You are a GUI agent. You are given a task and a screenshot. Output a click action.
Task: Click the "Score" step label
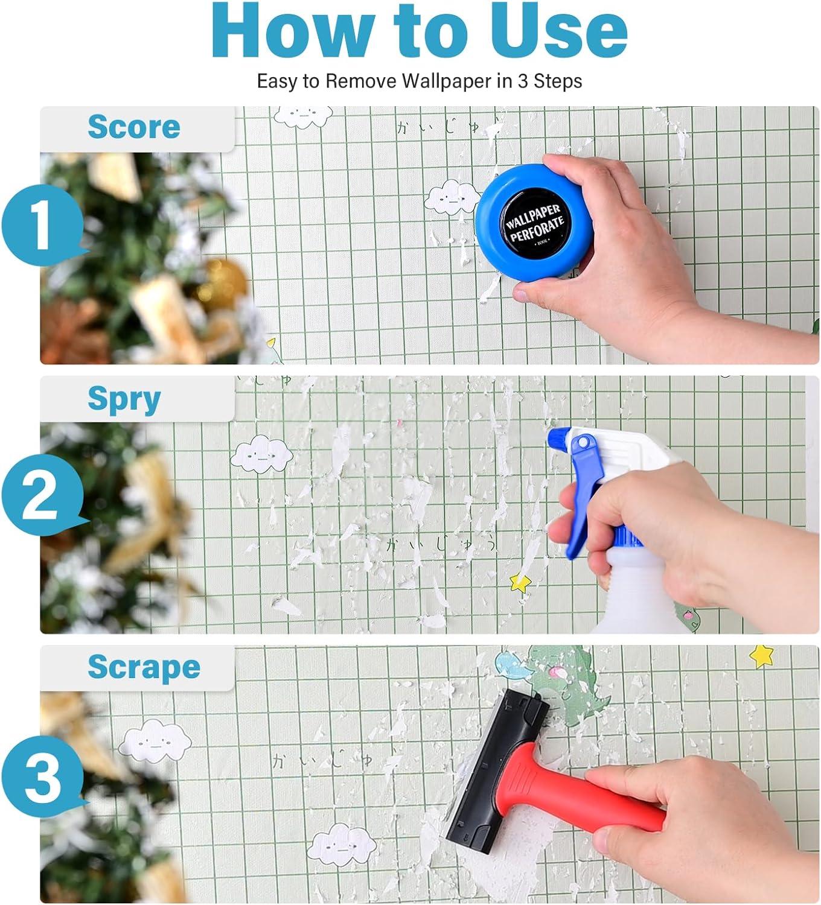click(133, 127)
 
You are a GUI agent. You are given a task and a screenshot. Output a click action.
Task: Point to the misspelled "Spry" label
click(124, 399)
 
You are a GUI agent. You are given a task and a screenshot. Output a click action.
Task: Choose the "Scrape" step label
click(144, 667)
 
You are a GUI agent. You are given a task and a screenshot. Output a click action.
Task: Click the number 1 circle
click(41, 226)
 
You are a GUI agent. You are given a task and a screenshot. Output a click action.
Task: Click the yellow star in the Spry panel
click(520, 583)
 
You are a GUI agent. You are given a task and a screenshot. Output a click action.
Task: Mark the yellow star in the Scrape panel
click(762, 656)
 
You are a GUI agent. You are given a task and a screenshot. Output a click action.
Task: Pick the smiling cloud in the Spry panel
click(262, 454)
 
